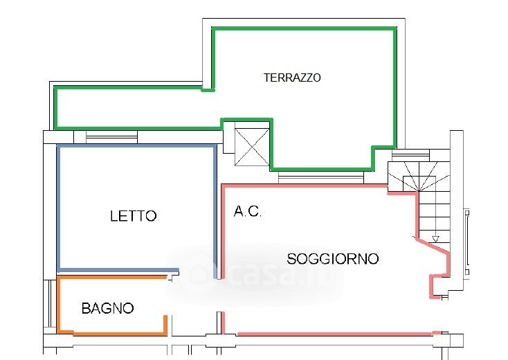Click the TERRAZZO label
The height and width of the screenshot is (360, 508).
coord(292,78)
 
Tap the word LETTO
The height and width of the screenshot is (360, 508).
coord(134,216)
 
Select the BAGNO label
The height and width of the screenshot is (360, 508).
coord(107,308)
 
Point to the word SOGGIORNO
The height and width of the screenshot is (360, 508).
coord(333,259)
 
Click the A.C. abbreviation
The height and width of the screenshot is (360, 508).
coord(247,213)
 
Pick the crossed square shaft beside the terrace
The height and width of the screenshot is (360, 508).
coord(251,145)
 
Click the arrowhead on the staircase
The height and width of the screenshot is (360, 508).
coord(435,240)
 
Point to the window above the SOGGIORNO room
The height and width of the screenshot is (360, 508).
coord(320,178)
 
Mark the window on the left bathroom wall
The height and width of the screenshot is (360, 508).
coord(48,305)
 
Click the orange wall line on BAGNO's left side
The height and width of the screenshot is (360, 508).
coord(57,305)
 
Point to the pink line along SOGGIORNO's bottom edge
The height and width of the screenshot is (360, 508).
coord(332,334)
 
